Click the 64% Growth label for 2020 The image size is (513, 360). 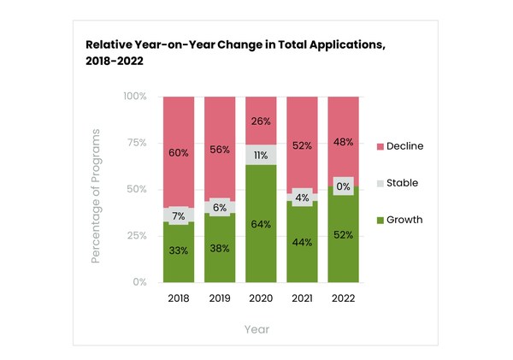[261, 224]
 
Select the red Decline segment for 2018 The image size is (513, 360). [179, 128]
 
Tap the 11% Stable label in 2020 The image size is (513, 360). [261, 156]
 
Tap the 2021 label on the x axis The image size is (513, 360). [302, 298]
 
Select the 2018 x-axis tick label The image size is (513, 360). [179, 298]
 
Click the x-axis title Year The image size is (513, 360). [256, 329]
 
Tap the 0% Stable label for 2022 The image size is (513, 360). [343, 186]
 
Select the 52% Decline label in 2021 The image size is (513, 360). [302, 145]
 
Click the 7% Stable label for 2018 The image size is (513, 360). [179, 215]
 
